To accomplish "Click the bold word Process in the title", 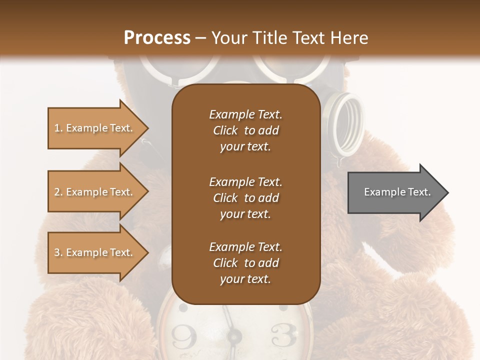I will [x=157, y=38].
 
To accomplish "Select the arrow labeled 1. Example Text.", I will [x=95, y=128].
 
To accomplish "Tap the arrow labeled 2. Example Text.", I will [x=95, y=192].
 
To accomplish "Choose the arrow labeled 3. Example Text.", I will [x=95, y=252].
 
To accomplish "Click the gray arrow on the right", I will [x=395, y=192].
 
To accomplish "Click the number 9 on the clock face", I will [x=184, y=336].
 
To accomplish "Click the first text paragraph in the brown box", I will [x=245, y=130].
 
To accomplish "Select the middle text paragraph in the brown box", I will [x=245, y=198].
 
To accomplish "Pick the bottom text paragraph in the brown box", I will [x=245, y=263].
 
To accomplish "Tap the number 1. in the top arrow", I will [x=58, y=128].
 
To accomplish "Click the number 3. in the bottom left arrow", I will [x=58, y=252].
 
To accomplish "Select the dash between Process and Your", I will [x=200, y=38].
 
